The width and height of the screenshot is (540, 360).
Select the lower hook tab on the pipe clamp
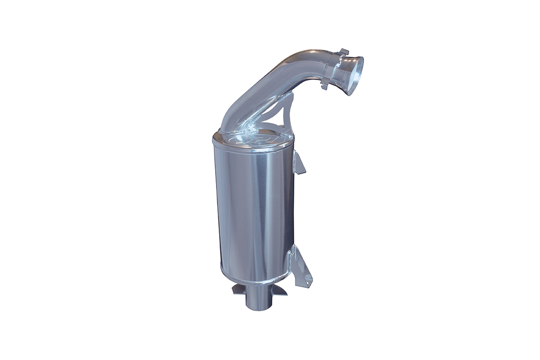324,85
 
